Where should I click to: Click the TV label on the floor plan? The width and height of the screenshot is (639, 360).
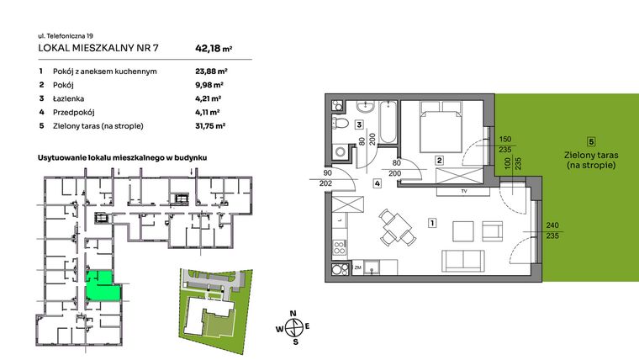coord(463,190)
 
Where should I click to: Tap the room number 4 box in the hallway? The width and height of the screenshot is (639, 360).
coord(378,183)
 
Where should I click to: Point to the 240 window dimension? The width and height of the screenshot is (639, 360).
coord(553,225)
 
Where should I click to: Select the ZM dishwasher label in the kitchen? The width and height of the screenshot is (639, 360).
coord(357,267)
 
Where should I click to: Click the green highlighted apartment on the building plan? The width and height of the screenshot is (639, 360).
coord(102,287)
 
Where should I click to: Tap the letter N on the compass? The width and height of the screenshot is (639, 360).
coord(293,313)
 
